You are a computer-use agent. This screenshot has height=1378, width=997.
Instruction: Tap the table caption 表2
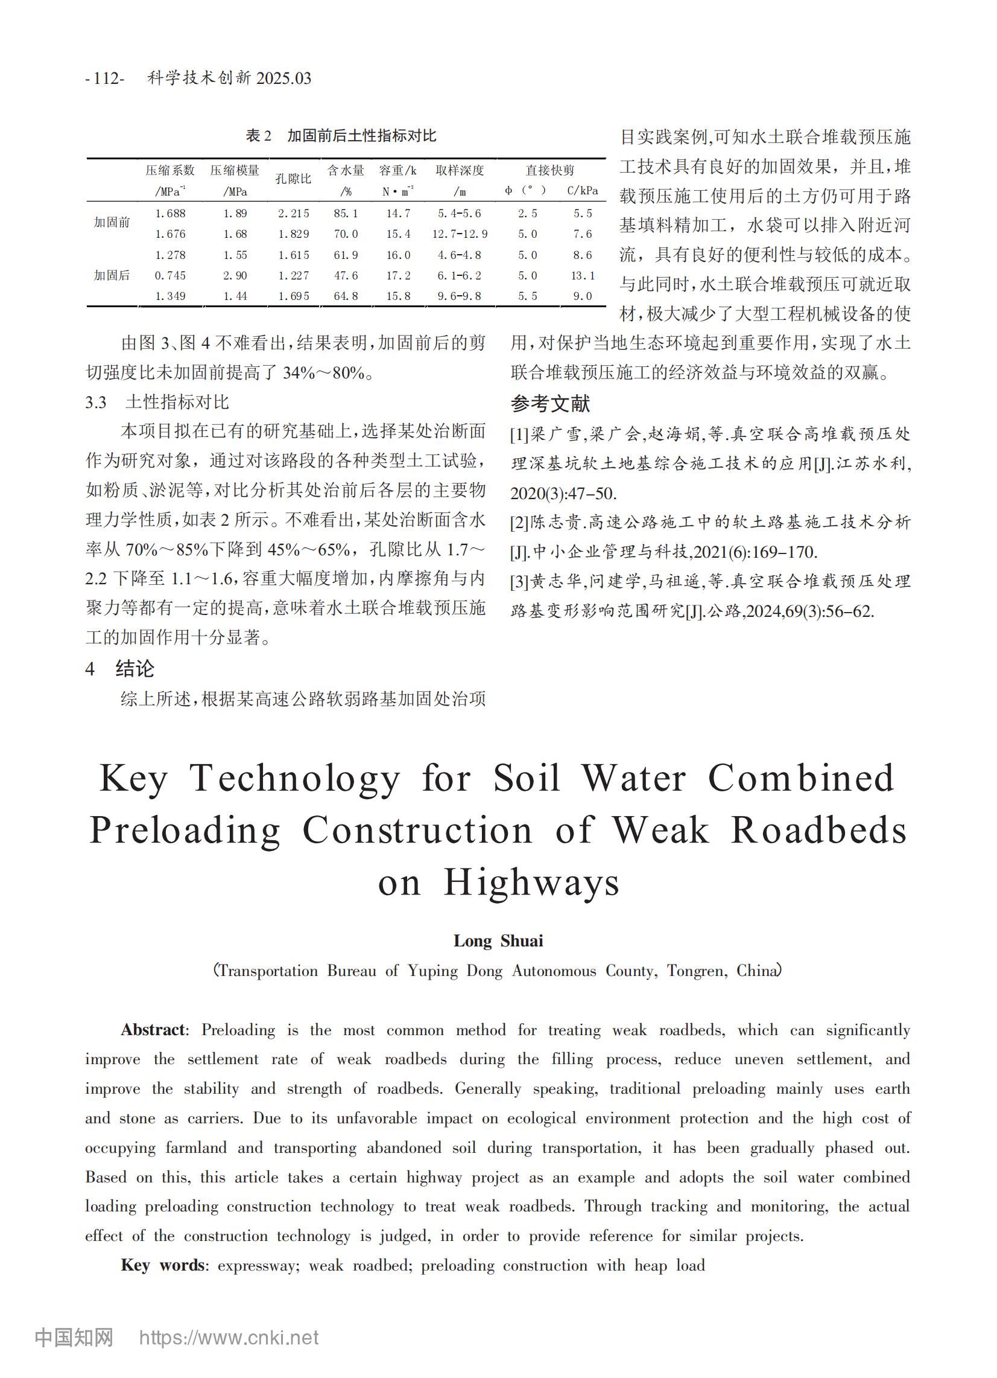pos(258,135)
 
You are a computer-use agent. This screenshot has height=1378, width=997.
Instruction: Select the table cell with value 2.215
pos(293,213)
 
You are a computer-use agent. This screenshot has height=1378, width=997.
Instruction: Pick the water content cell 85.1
pos(346,213)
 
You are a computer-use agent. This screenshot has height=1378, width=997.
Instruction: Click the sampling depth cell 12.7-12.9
pos(460,234)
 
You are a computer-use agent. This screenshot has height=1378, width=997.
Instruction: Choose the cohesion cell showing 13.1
pos(582,275)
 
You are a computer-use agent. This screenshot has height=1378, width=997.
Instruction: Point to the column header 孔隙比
pos(293,179)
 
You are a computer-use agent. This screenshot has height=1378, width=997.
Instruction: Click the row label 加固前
pos(112,222)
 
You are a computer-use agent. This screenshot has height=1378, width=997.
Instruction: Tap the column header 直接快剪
pos(549,170)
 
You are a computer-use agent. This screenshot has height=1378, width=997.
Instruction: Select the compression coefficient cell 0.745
pos(170,275)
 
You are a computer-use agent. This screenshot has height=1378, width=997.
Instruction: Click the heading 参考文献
pos(550,403)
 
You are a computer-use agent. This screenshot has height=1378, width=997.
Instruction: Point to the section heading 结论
pos(135,669)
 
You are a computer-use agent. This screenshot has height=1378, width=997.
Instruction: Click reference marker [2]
pos(520,522)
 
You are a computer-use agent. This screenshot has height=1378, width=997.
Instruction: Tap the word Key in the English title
pos(133,777)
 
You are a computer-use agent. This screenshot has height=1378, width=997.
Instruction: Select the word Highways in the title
pos(531,882)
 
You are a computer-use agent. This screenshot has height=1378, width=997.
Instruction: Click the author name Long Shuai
pos(498,941)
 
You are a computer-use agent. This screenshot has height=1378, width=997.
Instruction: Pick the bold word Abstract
pos(154,1030)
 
